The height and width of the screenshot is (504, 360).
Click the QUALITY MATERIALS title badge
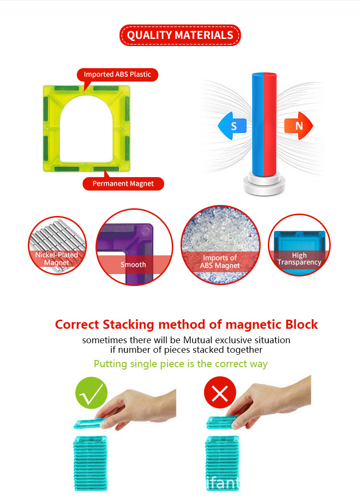tap(180, 35)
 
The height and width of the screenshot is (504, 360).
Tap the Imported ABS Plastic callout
tap(117, 74)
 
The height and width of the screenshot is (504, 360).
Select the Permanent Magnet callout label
tap(123, 183)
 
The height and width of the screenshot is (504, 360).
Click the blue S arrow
tap(232, 126)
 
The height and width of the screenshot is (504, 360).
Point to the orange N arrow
tap(298, 126)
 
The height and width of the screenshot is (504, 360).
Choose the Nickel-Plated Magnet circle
tap(57, 246)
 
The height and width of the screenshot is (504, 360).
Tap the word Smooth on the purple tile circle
tap(133, 264)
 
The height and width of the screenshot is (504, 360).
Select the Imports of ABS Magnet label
tap(220, 262)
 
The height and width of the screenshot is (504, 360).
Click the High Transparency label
tap(299, 259)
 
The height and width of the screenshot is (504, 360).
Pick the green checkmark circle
tap(91, 393)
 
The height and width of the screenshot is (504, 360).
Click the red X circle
tap(220, 393)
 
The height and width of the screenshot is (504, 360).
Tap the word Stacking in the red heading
tap(129, 325)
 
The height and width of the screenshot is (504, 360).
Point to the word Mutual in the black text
tap(198, 340)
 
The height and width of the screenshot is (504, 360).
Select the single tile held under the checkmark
tap(90, 424)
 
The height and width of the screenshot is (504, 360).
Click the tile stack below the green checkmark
tap(90, 463)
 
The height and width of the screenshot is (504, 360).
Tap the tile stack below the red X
tap(222, 463)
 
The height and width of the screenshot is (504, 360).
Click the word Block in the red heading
tap(301, 324)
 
